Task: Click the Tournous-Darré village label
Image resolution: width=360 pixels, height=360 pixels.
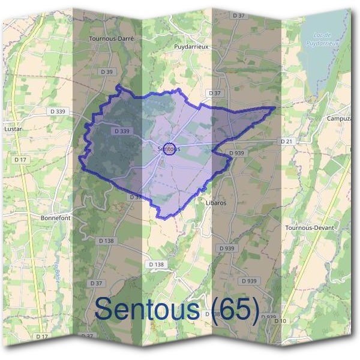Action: pyautogui.click(x=110, y=38)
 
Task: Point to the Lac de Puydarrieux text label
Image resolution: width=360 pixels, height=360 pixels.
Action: pyautogui.click(x=322, y=40)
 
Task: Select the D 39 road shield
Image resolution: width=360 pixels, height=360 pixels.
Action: pyautogui.click(x=107, y=71)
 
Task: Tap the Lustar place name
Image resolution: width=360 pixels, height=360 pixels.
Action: pyautogui.click(x=13, y=128)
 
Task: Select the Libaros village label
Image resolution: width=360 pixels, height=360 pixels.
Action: pyautogui.click(x=215, y=203)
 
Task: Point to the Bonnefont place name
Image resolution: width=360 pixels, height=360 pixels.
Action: pyautogui.click(x=55, y=218)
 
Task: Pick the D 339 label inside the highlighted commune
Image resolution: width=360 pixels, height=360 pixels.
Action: pyautogui.click(x=121, y=131)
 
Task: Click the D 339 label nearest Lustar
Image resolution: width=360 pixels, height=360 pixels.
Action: pyautogui.click(x=58, y=111)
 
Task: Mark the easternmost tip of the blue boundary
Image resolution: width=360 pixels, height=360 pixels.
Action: pyautogui.click(x=275, y=107)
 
